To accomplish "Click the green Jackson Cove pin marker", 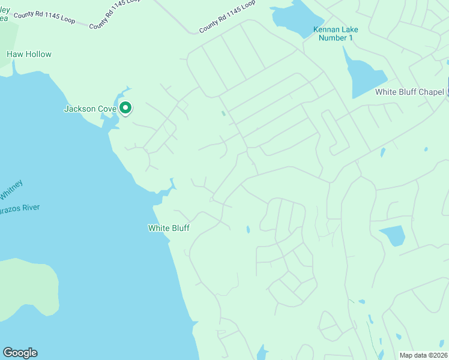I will click(x=125, y=108).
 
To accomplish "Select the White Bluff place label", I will click(x=169, y=228).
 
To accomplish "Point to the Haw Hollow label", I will click(x=29, y=54).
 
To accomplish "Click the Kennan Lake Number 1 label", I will click(x=338, y=34).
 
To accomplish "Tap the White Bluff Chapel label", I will click(x=409, y=92).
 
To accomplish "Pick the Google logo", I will click(x=20, y=353).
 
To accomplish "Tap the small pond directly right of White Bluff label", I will click(x=248, y=229).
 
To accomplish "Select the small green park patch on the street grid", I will click(x=223, y=113).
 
